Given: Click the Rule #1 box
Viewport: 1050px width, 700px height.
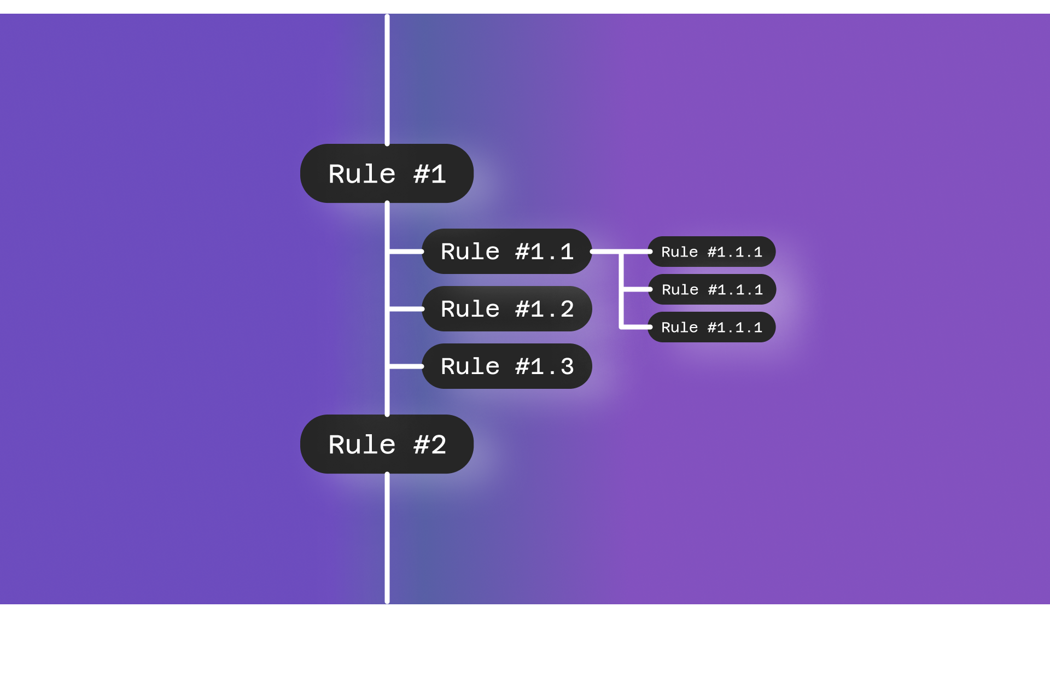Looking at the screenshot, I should coord(387,173).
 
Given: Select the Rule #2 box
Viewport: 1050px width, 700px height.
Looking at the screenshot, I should coord(387,444).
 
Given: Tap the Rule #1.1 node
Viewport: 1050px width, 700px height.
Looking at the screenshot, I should coord(506,252).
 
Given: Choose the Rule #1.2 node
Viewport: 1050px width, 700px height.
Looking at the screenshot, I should coord(506,309).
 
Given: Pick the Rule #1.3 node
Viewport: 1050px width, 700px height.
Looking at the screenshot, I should coord(506,366).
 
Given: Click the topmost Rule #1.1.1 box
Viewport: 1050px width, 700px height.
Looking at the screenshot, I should coord(711,252).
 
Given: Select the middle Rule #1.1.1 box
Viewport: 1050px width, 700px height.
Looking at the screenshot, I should coord(711,289).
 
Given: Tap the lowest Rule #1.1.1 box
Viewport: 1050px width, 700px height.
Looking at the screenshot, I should coord(711,327).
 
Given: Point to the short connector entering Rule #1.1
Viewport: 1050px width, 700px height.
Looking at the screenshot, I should coord(406,252).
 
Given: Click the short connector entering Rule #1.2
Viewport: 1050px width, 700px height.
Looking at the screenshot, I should coord(406,309).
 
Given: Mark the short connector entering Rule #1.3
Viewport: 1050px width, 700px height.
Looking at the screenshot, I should coord(406,366).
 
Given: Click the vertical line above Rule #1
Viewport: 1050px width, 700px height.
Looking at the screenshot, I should coord(387,79).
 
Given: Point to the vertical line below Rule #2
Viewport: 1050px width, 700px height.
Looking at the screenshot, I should coord(387,539).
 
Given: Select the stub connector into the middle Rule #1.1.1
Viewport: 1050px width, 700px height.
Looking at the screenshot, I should coord(636,289).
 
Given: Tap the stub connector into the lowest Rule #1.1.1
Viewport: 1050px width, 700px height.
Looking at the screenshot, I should coord(636,327).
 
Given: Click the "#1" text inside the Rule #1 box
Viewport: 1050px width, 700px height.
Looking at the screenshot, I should coord(430,174).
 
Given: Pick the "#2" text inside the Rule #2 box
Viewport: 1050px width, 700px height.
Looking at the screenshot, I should coord(430,445).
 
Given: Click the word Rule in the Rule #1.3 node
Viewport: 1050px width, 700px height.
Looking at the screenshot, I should coord(470,366).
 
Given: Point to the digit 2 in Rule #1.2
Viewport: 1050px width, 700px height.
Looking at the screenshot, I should coord(567,309).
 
